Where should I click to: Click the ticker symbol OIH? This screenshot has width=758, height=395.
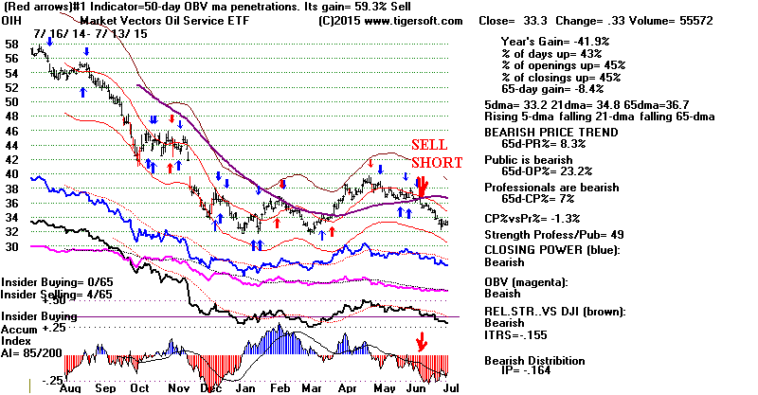[x=12, y=19]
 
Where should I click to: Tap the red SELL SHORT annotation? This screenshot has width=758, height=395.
[x=436, y=153]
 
